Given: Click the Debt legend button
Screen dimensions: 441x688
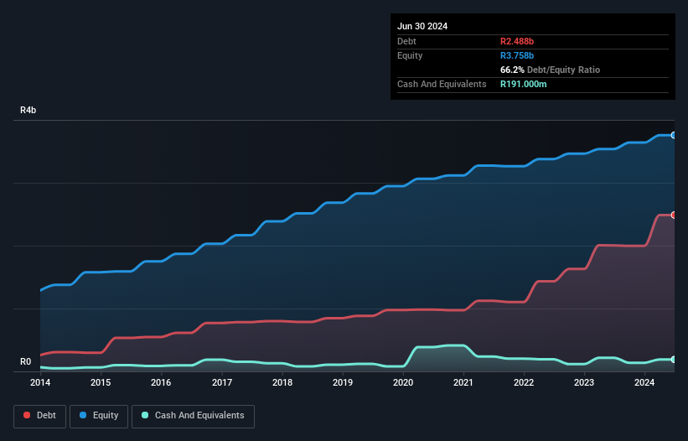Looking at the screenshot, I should click(39, 415).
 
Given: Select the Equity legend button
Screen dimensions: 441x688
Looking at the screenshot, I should click(98, 415).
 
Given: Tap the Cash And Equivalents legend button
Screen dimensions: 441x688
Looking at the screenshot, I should click(193, 415).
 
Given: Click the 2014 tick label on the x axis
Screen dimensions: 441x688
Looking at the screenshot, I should click(40, 383).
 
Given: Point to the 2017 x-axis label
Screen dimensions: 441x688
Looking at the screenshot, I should click(222, 383).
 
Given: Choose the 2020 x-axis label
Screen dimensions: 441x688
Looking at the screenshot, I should click(403, 383).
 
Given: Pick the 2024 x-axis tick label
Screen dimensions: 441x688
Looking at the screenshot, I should click(644, 383).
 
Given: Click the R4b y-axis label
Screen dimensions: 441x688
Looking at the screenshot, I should click(28, 111).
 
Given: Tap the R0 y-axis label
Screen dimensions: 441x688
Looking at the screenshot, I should click(25, 362).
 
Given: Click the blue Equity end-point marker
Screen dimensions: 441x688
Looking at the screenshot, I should click(673, 135).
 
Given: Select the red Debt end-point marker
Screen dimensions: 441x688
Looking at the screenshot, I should click(673, 215).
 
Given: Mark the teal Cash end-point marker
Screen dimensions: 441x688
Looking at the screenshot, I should click(673, 359).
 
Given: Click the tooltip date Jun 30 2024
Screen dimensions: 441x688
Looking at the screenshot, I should click(422, 26).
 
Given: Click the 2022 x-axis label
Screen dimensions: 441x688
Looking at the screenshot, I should click(524, 383).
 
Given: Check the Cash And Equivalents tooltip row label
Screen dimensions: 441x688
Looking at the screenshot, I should click(442, 85).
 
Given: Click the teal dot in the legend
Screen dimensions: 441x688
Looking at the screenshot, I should click(145, 415).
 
